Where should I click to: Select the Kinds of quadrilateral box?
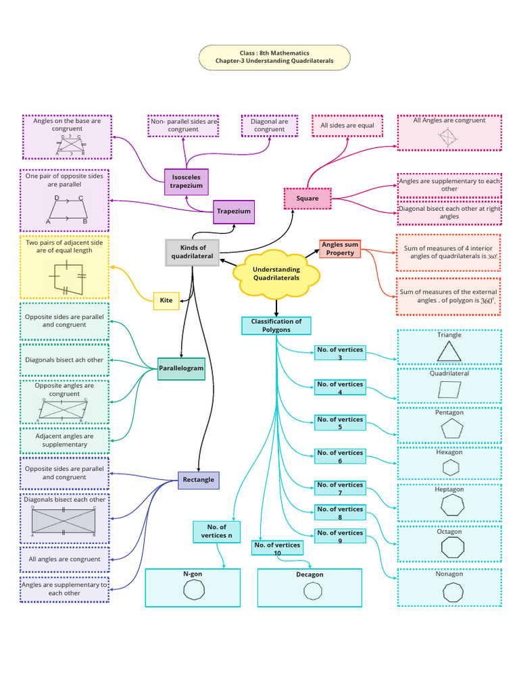point(193,252)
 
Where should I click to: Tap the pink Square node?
point(307,199)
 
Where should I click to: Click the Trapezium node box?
point(234,212)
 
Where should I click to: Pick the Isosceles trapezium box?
point(186,181)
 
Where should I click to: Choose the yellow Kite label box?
point(166,301)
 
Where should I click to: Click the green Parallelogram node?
point(181,368)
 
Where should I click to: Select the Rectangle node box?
point(198,480)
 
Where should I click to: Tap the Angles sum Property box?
point(340,249)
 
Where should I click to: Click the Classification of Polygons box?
point(276,326)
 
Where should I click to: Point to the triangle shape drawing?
point(449,351)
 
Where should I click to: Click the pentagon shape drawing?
point(449,430)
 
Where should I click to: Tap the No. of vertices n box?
point(216,531)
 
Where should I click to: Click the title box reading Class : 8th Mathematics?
point(274,57)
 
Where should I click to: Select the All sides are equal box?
point(347,126)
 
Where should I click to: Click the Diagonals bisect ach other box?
point(65,360)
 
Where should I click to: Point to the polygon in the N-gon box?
point(193,590)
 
